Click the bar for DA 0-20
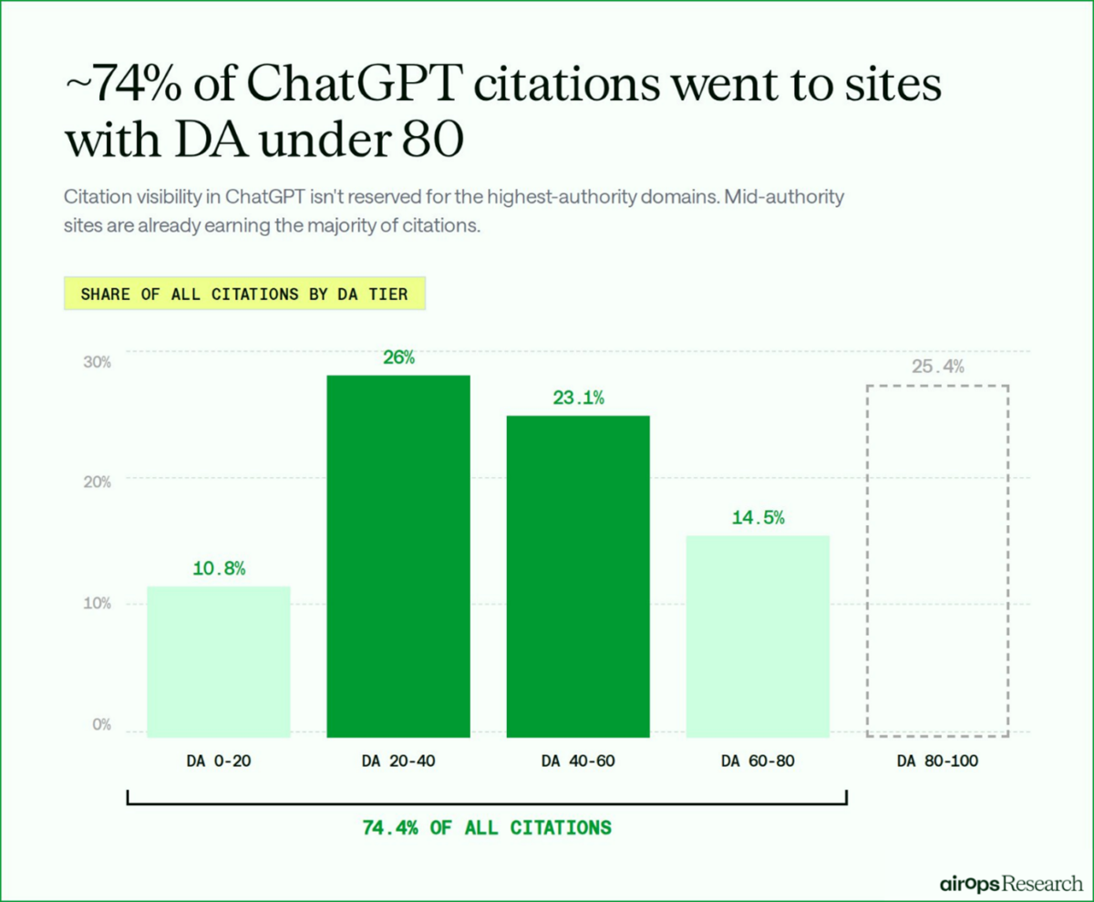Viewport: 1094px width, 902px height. tap(218, 661)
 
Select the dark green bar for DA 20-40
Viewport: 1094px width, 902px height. tap(398, 555)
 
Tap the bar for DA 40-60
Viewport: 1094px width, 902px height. tap(578, 575)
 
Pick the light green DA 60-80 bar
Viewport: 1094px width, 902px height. tap(758, 636)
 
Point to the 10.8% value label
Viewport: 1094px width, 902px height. tap(219, 568)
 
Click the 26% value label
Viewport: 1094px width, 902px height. tap(398, 358)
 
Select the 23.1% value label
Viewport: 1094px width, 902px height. tap(578, 399)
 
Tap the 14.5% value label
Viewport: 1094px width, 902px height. tap(758, 517)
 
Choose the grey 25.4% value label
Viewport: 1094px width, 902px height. tap(937, 368)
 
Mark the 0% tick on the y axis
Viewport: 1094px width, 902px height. tap(100, 725)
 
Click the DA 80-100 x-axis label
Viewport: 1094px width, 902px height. tap(937, 761)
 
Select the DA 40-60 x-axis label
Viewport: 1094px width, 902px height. tap(578, 761)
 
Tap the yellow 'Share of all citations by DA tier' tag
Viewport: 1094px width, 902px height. tap(244, 295)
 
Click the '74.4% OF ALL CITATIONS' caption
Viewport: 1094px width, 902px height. tap(487, 828)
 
